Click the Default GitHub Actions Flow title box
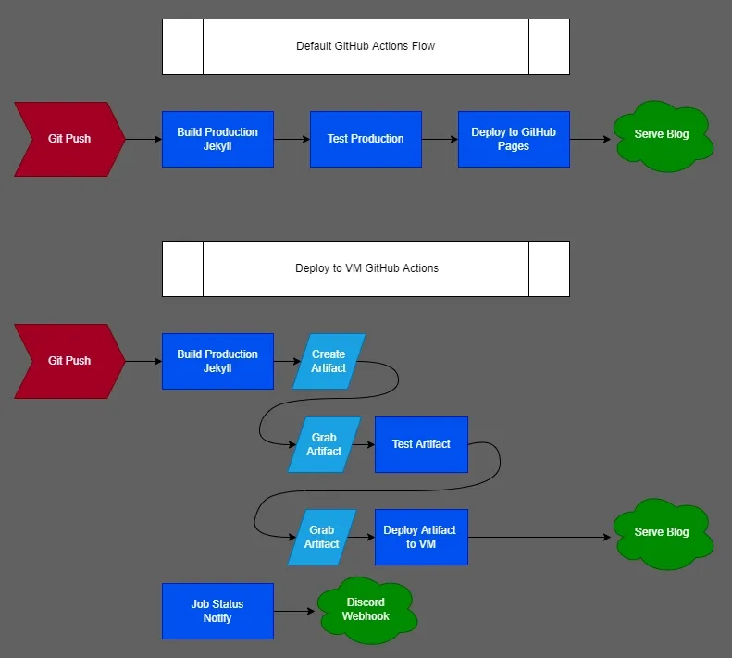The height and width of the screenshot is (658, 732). (366, 46)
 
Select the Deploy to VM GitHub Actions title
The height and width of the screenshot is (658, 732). (366, 268)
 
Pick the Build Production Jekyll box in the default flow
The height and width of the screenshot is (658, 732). (217, 139)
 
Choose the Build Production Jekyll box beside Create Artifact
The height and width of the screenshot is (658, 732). (217, 361)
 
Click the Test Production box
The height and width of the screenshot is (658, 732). (366, 139)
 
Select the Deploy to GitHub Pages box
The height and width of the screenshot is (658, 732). (514, 139)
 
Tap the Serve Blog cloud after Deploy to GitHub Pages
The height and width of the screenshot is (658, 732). (663, 137)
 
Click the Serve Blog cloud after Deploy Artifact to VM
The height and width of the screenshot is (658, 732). (663, 534)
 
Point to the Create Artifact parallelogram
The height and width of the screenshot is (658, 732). (329, 361)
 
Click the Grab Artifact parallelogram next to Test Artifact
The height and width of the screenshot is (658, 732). (324, 444)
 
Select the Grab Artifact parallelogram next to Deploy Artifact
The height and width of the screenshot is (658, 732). (322, 537)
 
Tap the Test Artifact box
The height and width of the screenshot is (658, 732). (421, 444)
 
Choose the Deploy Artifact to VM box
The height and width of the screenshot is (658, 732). (421, 537)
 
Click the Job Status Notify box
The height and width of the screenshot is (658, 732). (217, 611)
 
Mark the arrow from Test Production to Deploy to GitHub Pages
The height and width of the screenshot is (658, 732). (440, 139)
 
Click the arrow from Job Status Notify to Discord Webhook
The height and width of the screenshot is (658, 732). (296, 611)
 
